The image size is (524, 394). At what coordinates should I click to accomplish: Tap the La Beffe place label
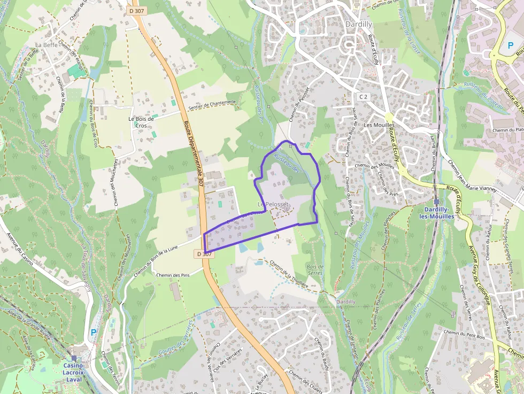pos(46,44)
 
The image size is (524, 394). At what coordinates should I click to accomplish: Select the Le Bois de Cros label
pos(141,122)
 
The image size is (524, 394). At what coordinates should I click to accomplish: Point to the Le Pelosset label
pos(273,205)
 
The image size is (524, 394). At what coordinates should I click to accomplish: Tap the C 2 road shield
pos(364,96)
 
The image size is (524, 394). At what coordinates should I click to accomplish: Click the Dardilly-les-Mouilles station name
pos(438,213)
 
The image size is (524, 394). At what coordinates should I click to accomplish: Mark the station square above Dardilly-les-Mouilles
pos(437,202)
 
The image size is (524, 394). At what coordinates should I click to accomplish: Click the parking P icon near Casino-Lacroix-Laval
pos(94,332)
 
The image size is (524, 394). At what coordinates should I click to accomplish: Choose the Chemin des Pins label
pos(173,275)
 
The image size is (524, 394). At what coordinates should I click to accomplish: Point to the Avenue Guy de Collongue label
pos(480,278)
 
